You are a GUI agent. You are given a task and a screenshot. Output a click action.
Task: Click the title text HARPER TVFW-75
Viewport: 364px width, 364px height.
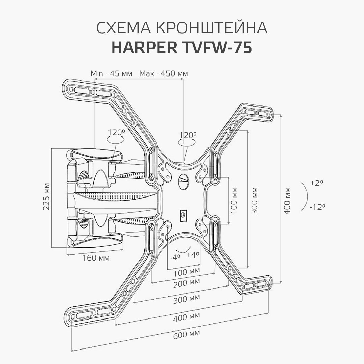coord(182,48)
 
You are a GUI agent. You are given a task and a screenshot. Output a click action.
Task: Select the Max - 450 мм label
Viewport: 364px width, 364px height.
coord(163,73)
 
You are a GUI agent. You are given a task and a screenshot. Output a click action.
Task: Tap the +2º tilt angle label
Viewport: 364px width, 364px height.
coord(316,183)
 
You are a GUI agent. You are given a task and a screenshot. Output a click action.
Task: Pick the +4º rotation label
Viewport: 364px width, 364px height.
coord(193,255)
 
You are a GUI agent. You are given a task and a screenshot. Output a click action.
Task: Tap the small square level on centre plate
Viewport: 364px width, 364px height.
coord(184,214)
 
